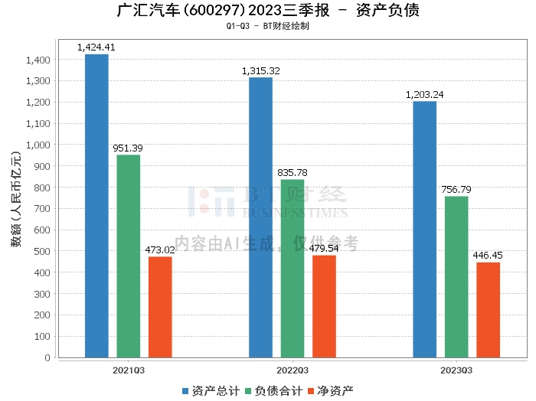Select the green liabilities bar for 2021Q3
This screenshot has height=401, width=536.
129,256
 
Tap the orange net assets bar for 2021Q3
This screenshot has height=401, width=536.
160,307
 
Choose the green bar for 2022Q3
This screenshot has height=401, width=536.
293,268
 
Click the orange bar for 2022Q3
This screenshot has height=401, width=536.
324,306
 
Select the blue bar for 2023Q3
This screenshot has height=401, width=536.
424,229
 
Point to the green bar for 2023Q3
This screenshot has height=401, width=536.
456,276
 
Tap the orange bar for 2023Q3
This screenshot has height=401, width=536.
488,309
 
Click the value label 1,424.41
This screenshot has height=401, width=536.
96,47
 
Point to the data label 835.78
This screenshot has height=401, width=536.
293,173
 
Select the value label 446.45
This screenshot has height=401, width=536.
488,256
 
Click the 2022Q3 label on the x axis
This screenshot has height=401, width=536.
293,370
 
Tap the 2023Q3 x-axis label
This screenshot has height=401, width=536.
456,370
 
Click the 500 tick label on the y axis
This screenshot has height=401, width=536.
42,251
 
